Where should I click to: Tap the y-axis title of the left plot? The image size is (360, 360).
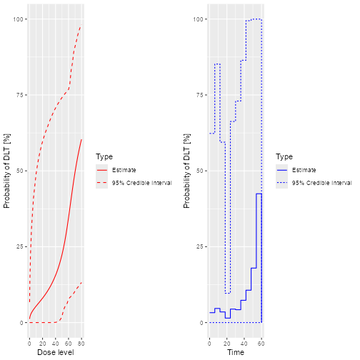click(6, 171)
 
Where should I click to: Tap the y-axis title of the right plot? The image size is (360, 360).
click(186, 171)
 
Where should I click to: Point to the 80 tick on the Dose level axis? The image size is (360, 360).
click(82, 343)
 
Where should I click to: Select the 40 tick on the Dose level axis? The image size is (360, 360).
click(55, 343)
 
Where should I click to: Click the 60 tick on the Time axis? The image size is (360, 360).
click(261, 343)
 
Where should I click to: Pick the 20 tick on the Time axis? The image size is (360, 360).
click(226, 343)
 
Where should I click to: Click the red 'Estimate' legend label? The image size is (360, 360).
click(124, 170)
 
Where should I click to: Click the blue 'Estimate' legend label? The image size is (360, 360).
click(304, 170)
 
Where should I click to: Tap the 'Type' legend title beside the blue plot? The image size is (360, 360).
click(284, 156)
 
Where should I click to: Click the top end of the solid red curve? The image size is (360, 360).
click(82, 139)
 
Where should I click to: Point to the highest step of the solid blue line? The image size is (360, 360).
click(259, 194)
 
